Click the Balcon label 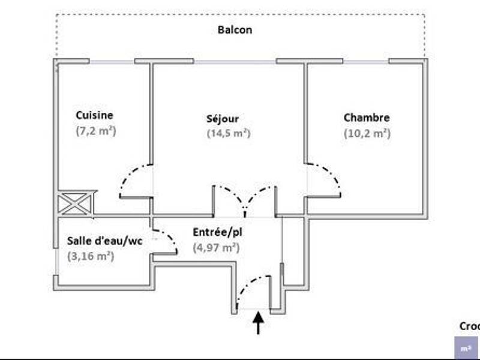click(x=235, y=29)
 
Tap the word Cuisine click(x=94, y=115)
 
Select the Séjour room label click(x=223, y=119)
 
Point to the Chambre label click(x=366, y=118)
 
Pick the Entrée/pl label click(x=217, y=232)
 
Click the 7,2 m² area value click(x=96, y=130)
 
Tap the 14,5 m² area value click(x=228, y=134)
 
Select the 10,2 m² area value click(x=367, y=133)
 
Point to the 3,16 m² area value click(x=91, y=257)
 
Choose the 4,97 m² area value click(x=216, y=247)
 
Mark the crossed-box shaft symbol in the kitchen click(x=75, y=204)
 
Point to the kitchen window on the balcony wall click(x=112, y=61)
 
